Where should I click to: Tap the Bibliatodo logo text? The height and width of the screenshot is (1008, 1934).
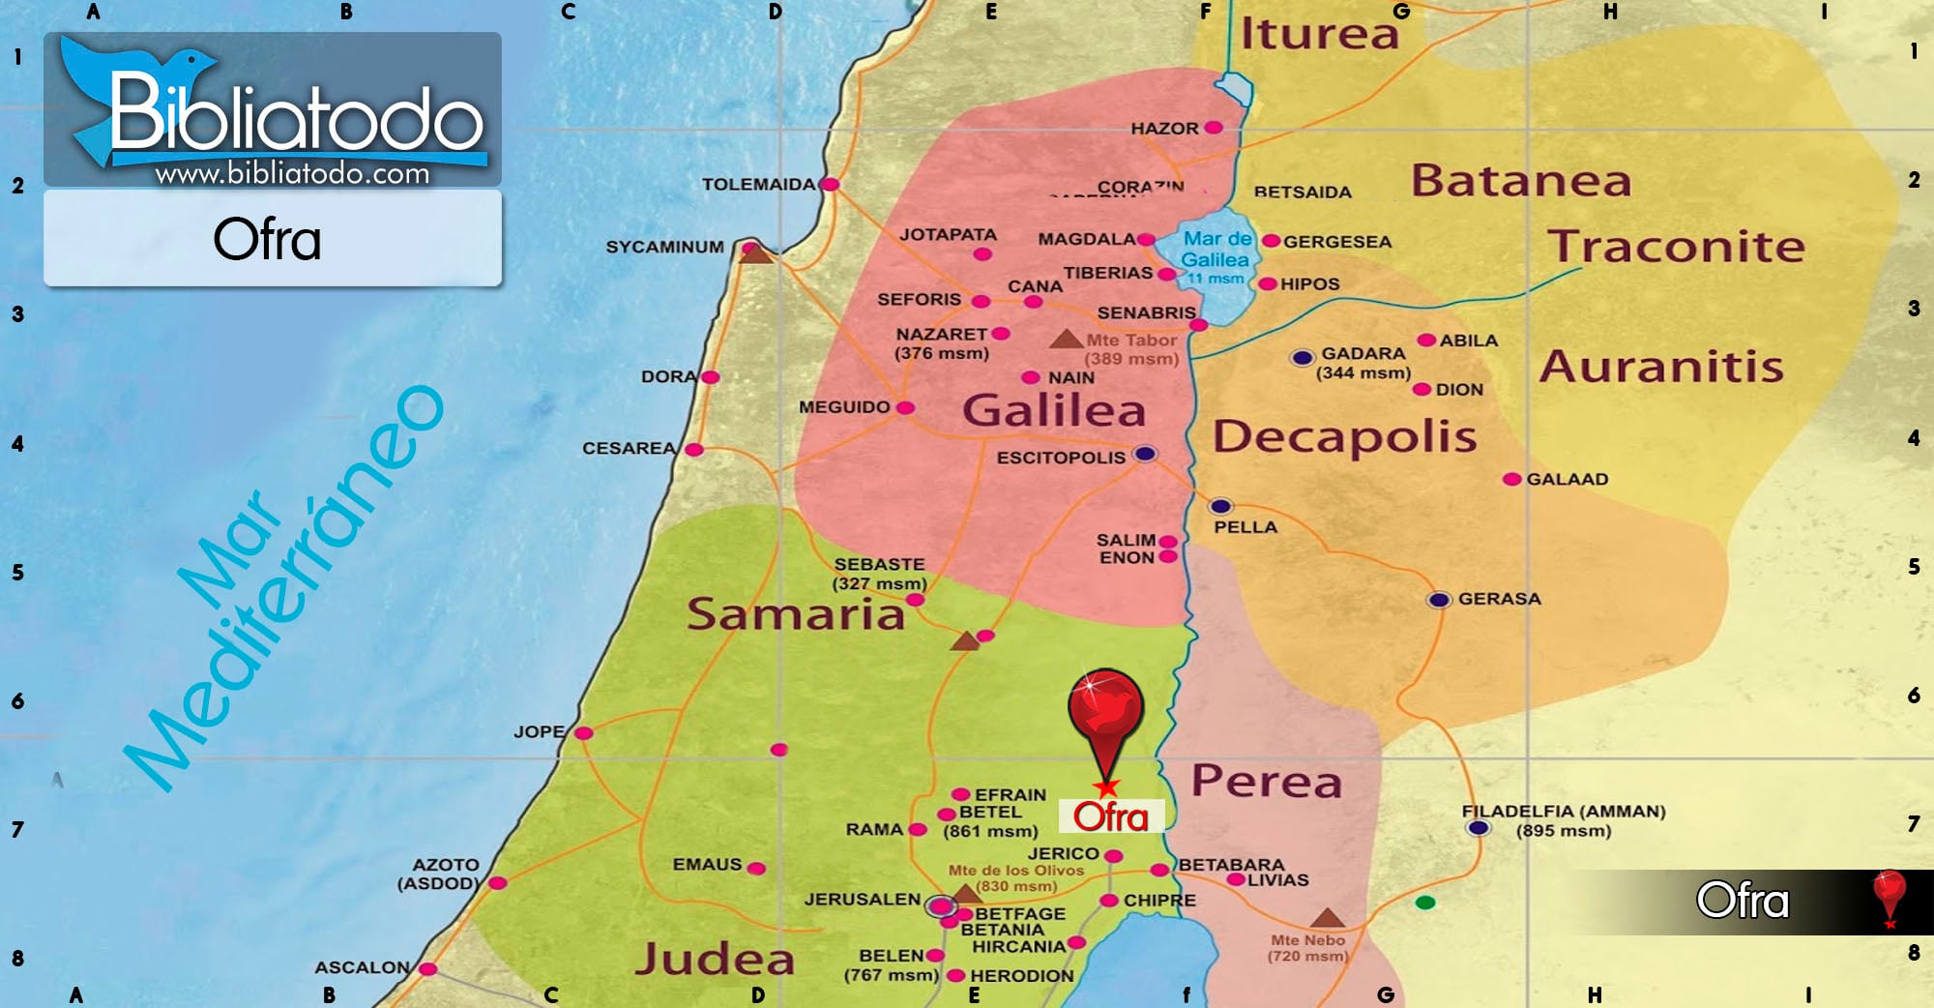coord(295,116)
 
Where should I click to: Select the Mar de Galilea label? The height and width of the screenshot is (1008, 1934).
coord(1216,250)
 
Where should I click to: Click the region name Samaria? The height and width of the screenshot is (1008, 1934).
coord(795,613)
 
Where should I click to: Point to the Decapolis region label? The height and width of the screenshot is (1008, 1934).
coord(1344,436)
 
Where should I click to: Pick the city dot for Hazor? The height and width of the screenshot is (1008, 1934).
coord(1214,128)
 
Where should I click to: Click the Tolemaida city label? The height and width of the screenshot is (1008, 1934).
coord(758,184)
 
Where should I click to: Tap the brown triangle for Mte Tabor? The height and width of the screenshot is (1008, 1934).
coord(1066,340)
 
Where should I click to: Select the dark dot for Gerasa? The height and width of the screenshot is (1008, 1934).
coord(1439,600)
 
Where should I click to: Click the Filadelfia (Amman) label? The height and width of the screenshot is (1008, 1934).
coord(1563,812)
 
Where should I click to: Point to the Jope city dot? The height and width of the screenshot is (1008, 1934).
coord(583,733)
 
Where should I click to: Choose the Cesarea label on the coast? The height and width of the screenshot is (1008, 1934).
coord(629,448)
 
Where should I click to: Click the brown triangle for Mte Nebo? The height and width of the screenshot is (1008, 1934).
coord(1327,917)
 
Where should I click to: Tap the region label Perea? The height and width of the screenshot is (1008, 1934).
coord(1267,781)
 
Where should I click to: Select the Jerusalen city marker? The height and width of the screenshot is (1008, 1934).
coord(940,906)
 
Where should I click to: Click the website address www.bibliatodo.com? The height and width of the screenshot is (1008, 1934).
coord(292,174)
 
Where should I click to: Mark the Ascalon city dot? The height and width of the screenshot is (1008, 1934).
coord(427,968)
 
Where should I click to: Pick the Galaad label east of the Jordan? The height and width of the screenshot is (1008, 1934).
coord(1567,479)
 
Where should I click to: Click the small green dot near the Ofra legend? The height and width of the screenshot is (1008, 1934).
coord(1424,903)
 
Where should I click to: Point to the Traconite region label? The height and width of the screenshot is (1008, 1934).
coord(1676,247)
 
